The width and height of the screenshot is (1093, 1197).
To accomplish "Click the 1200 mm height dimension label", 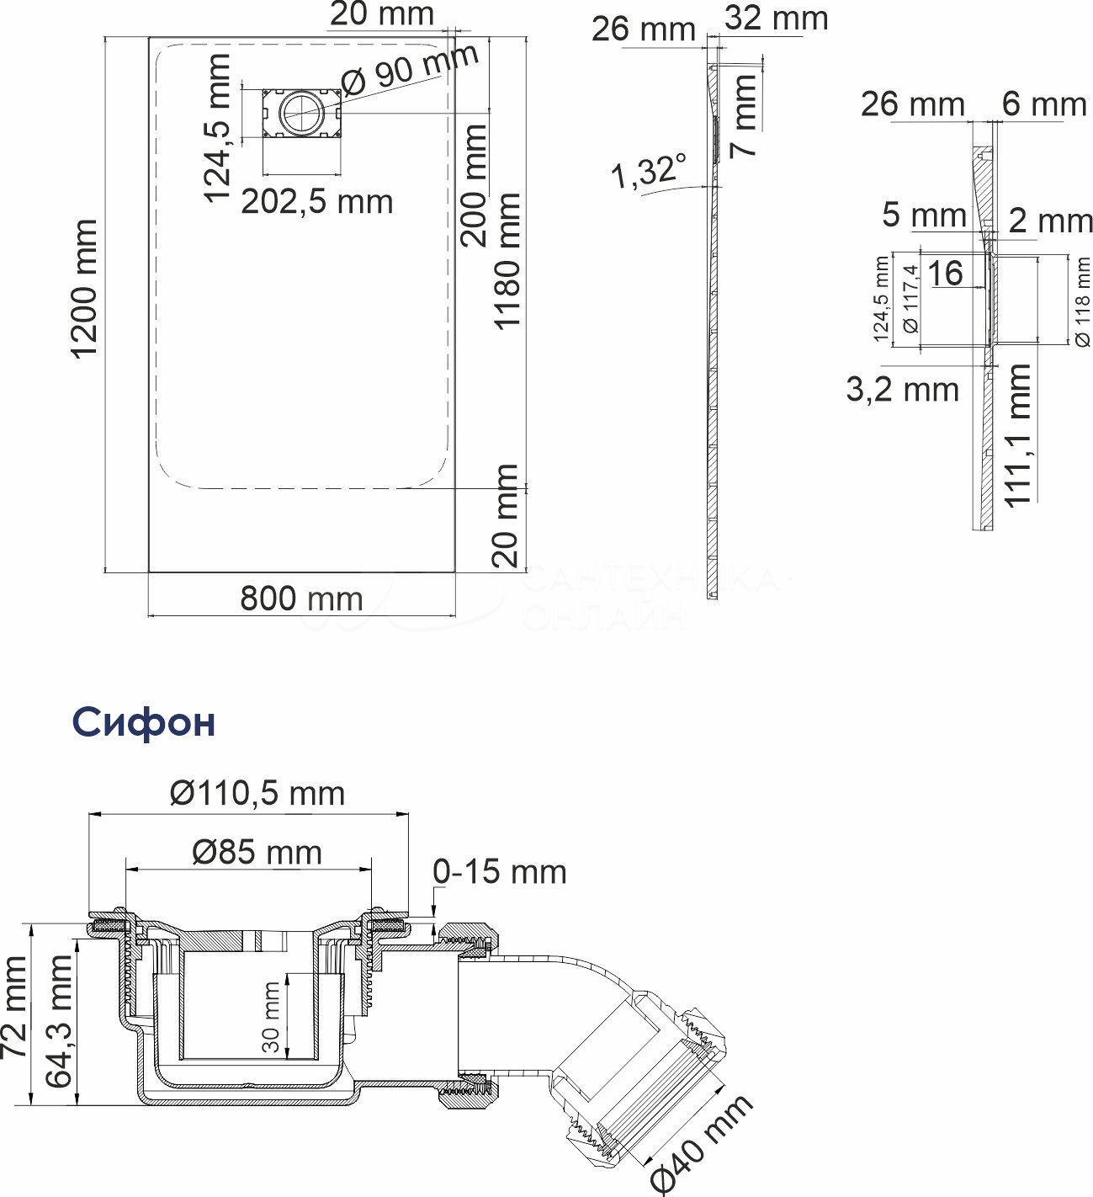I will tap(84, 290).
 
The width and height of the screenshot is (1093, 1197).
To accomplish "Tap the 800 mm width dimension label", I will tap(301, 598).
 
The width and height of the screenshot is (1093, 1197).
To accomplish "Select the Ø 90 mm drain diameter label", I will tap(411, 69).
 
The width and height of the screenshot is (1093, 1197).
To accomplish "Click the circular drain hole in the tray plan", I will tap(300, 112).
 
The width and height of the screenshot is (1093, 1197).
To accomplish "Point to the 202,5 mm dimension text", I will tap(317, 202).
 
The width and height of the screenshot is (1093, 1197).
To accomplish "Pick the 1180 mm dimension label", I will tap(507, 262).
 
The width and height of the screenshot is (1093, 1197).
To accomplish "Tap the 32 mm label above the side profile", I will tap(776, 18).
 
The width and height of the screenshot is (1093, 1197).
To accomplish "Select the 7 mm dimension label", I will tap(745, 115).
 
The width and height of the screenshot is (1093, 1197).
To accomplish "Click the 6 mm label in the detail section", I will tap(1044, 104).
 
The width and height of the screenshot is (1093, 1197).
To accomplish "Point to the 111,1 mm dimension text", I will tap(1019, 435).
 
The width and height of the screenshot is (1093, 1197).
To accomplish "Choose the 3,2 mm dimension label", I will tap(902, 390).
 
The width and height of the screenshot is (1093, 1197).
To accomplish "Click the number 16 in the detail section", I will tap(945, 273).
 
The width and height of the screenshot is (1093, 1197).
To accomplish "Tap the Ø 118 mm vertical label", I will tap(1083, 301).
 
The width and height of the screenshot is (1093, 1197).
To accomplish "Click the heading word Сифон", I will tap(144, 721).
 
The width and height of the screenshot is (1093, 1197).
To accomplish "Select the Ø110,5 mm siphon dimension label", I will tap(257, 793).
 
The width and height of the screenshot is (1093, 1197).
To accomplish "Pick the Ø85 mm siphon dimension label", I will tap(257, 852).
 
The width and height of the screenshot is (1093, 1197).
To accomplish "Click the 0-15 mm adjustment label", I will tap(500, 872).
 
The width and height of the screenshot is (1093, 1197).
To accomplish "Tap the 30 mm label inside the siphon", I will tap(271, 1016).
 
